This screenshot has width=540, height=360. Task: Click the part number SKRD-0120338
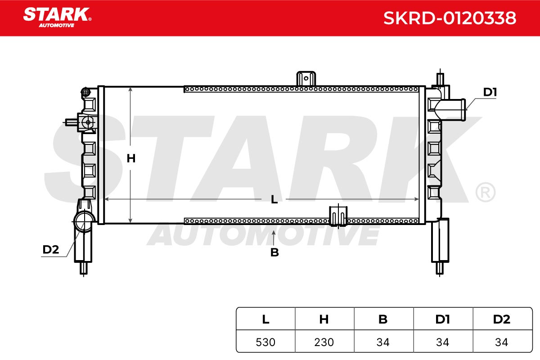[450, 18]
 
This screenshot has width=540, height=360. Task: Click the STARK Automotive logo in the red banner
[57, 18]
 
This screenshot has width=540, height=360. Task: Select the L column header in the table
[265, 319]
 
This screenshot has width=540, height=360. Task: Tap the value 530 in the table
[265, 342]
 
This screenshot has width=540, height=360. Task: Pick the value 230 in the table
[324, 342]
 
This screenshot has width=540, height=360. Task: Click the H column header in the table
[324, 319]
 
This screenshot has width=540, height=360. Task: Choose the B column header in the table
[383, 319]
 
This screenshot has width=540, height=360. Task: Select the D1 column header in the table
[443, 319]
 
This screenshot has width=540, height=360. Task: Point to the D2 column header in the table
[502, 319]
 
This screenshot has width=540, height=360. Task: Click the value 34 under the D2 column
[502, 342]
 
